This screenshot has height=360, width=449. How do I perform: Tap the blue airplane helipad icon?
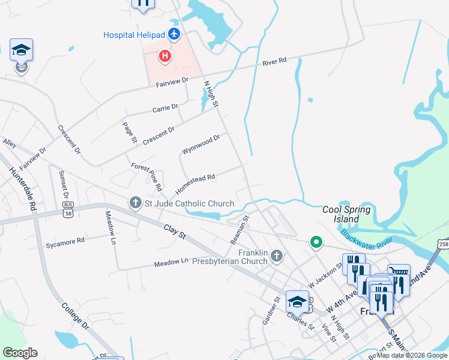click(174, 34)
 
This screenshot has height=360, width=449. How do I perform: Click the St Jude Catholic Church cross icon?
click(136, 203)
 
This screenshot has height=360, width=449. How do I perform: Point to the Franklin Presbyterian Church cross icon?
click(277, 257)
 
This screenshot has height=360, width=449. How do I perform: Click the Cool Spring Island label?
click(346, 214)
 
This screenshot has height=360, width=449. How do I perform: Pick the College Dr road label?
click(75, 316)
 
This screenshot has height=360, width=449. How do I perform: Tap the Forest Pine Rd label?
click(146, 176)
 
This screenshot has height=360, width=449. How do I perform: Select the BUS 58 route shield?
click(68, 208)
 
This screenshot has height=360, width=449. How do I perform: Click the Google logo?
click(20, 353)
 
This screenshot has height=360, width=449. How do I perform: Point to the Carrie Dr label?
click(165, 109)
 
